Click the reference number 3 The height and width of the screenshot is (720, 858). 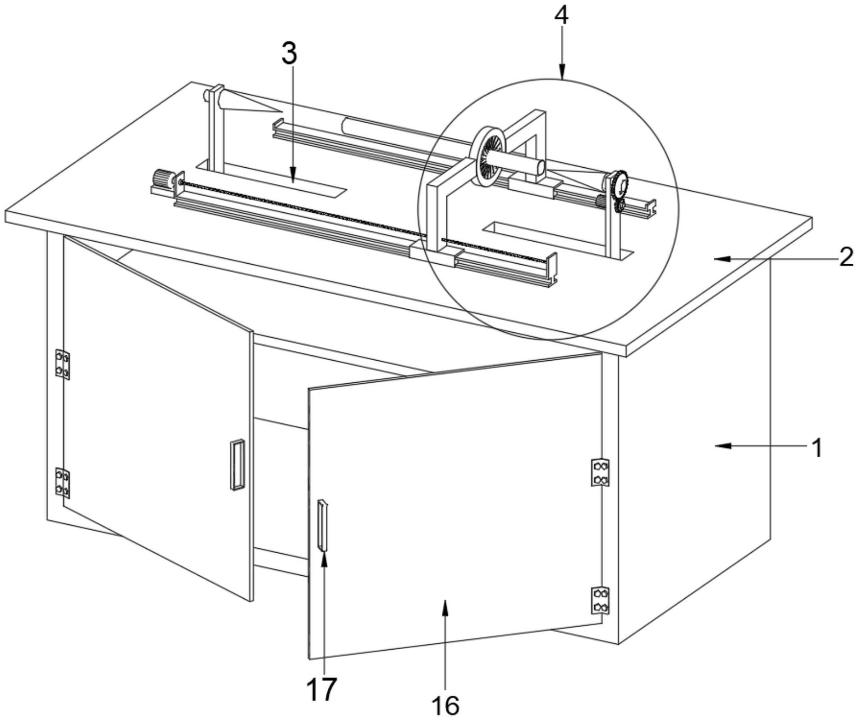pos(289,53)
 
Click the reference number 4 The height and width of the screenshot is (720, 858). pos(561,16)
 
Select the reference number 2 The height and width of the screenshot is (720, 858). pos(846,258)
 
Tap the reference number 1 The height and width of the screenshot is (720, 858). pos(817,448)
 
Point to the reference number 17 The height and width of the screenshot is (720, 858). pos(321,689)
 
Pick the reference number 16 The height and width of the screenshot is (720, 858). pos(445,706)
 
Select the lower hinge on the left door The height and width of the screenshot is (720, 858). pos(62,483)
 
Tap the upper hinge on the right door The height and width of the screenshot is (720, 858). pos(600,472)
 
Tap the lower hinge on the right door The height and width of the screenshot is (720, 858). pos(600,600)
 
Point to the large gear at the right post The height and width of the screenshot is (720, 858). pos(620,183)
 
